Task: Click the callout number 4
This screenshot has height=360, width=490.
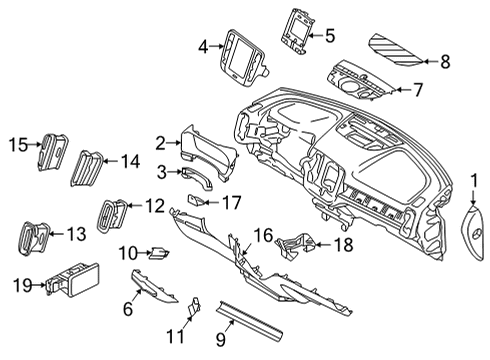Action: (203, 46)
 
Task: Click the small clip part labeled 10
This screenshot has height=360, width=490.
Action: (157, 254)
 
